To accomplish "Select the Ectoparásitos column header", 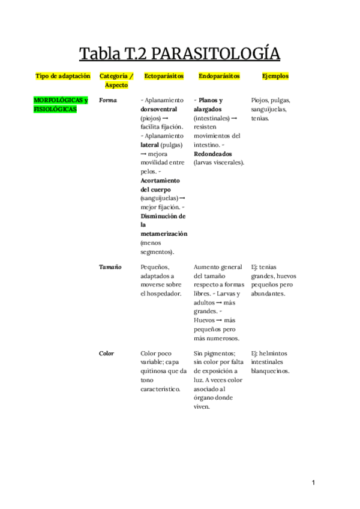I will pos(163,76).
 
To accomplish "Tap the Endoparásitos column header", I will pos(219,76).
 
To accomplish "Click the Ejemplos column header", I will pos(275,76).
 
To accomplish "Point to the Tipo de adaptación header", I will pos(63,76).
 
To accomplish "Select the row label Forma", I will pos(107,100).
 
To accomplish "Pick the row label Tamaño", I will pos(110,267).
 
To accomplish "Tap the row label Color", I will pos(107,354).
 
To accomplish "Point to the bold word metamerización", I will pos(164,233).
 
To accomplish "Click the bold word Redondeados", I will pos(213,154).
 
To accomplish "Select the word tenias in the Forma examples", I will pos(260,118).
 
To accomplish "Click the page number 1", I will pos(313,482).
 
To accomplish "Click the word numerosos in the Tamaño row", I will pos(218,338).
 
